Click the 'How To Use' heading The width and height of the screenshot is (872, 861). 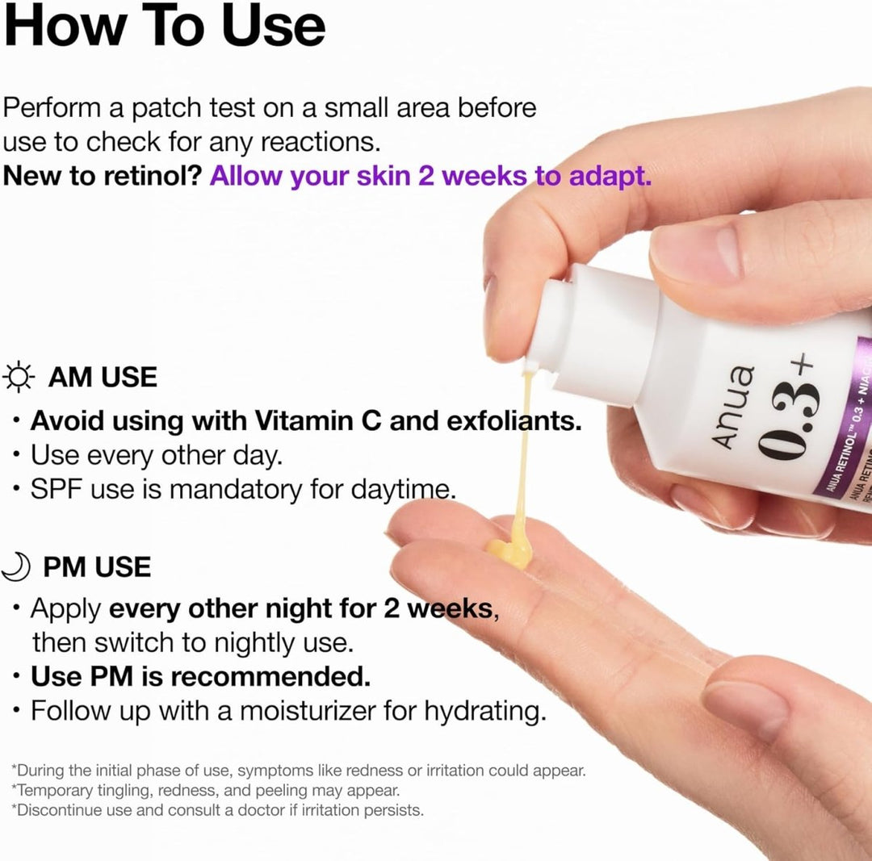coord(165,26)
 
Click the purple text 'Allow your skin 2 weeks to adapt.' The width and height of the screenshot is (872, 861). coord(430,177)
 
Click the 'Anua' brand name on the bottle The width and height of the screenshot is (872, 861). coord(734,404)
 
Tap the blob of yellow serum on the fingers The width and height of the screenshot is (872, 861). coord(509,553)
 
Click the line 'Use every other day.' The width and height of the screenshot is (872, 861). coord(156,455)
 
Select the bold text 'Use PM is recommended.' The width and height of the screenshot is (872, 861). coord(200,676)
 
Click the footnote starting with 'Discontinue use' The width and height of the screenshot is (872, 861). coord(218,809)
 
